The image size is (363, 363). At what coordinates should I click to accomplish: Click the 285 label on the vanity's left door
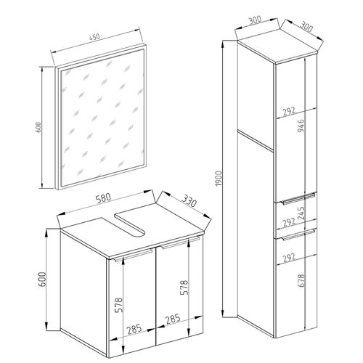pyautogui.click(x=134, y=328)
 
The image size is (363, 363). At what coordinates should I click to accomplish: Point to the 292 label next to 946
pyautogui.click(x=288, y=110)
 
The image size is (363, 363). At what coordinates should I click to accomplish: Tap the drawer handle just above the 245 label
pyautogui.click(x=293, y=200)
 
